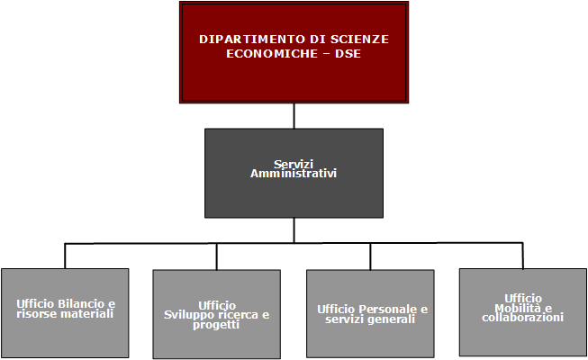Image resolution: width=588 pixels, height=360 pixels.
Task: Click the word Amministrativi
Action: (294, 173)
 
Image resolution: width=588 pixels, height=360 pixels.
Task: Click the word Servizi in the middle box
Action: (294, 164)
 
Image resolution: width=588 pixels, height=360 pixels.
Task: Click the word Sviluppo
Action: (197, 314)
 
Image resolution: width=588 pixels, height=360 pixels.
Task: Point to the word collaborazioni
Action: (522, 318)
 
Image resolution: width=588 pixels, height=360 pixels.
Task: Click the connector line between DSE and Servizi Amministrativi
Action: (294, 115)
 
